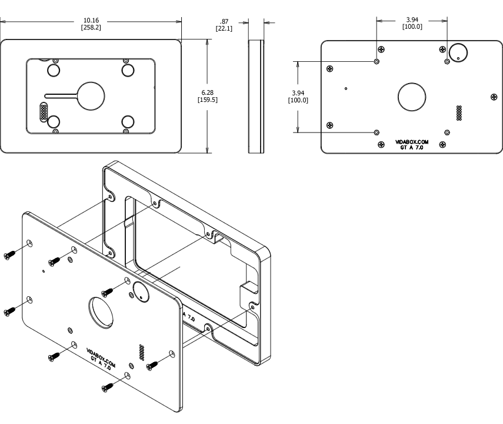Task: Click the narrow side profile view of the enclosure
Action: (x=255, y=97)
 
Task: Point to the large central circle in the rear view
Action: (x=412, y=97)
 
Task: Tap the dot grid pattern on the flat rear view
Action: (x=459, y=112)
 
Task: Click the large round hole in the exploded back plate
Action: (x=102, y=312)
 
